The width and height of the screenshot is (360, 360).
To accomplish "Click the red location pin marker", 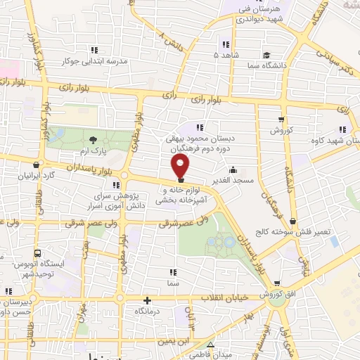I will [181, 167].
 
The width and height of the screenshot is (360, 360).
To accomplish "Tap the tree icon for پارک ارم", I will [93, 140].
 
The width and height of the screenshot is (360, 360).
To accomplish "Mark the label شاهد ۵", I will [226, 54].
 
